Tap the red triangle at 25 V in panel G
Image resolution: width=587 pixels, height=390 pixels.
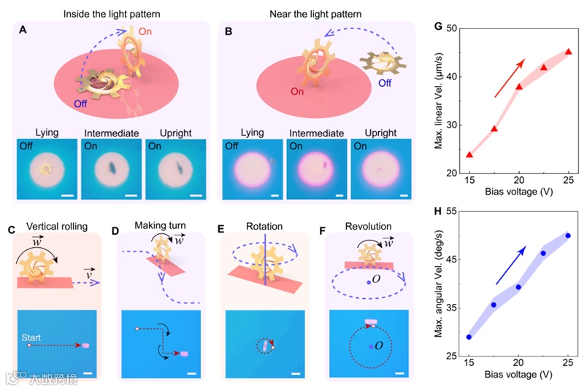(x=569, y=52)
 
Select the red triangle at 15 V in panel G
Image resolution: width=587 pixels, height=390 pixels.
(x=469, y=155)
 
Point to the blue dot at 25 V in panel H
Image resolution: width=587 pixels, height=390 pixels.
(x=568, y=235)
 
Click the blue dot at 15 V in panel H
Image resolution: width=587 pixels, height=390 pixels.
(x=469, y=337)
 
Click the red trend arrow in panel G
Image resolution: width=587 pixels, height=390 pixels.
(x=510, y=79)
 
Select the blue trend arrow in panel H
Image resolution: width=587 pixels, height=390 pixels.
(x=511, y=265)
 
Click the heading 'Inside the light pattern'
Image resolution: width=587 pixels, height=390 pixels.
(x=110, y=13)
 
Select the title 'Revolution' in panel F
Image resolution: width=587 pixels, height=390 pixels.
(x=371, y=227)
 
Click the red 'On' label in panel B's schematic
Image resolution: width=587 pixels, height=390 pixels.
(x=297, y=93)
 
